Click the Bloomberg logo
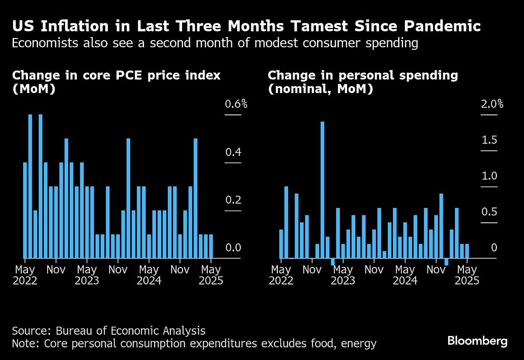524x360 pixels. [x=477, y=341]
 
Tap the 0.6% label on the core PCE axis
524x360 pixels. [x=236, y=104]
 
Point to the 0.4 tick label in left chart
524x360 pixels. [x=233, y=152]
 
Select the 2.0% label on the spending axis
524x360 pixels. [x=492, y=104]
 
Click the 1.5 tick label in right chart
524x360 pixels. [x=489, y=140]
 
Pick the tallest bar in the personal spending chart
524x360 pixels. [x=323, y=190]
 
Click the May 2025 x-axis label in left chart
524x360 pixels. [x=211, y=275]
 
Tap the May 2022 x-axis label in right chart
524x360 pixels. [x=281, y=275]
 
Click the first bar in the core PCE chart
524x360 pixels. [x=25, y=210]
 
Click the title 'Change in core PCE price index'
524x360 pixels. [x=116, y=76]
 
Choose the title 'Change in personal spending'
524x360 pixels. [x=363, y=76]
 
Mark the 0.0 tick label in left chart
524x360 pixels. [x=233, y=248]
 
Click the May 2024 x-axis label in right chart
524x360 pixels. [x=405, y=275]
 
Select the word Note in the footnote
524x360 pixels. [x=25, y=344]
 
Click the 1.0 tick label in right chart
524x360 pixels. [x=489, y=176]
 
